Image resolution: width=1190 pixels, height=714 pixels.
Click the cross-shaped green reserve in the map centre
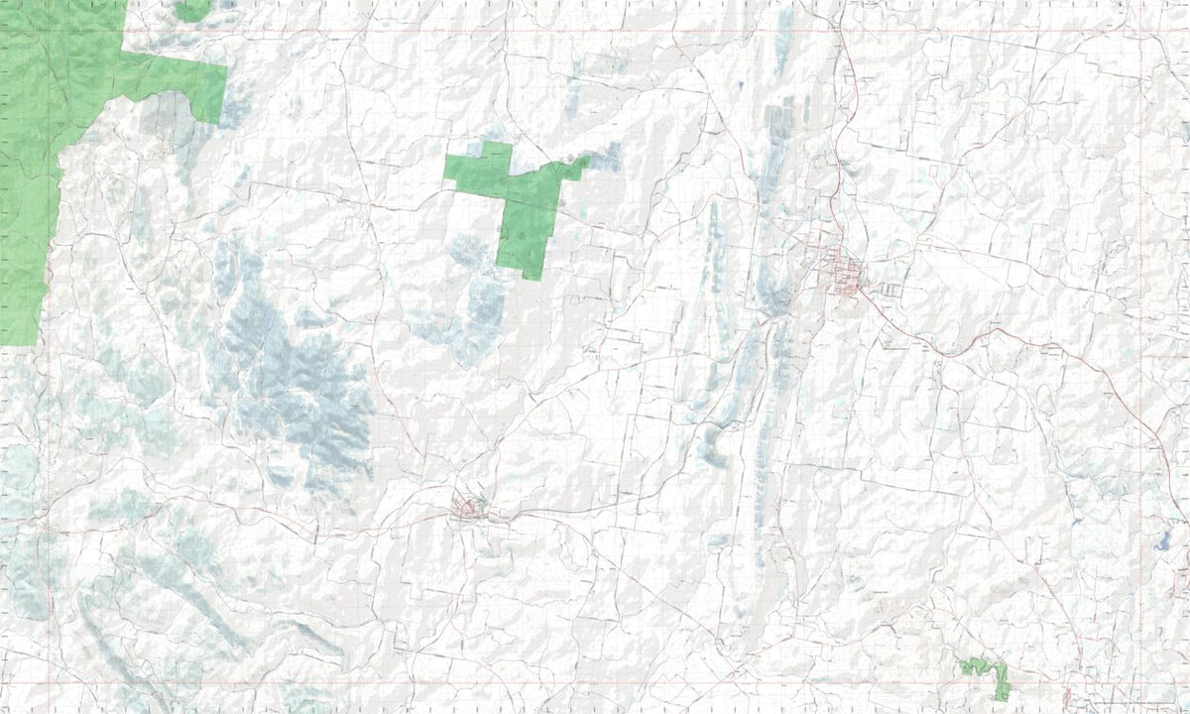[x=521, y=203]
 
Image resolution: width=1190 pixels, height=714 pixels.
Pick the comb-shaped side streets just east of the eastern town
[x=890, y=290]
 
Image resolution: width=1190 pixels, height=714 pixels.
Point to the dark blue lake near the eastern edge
[x=1161, y=540]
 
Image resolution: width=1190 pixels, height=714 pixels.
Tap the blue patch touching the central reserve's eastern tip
[x=605, y=157]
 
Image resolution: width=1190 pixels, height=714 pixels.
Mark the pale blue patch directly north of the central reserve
[x=573, y=99]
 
